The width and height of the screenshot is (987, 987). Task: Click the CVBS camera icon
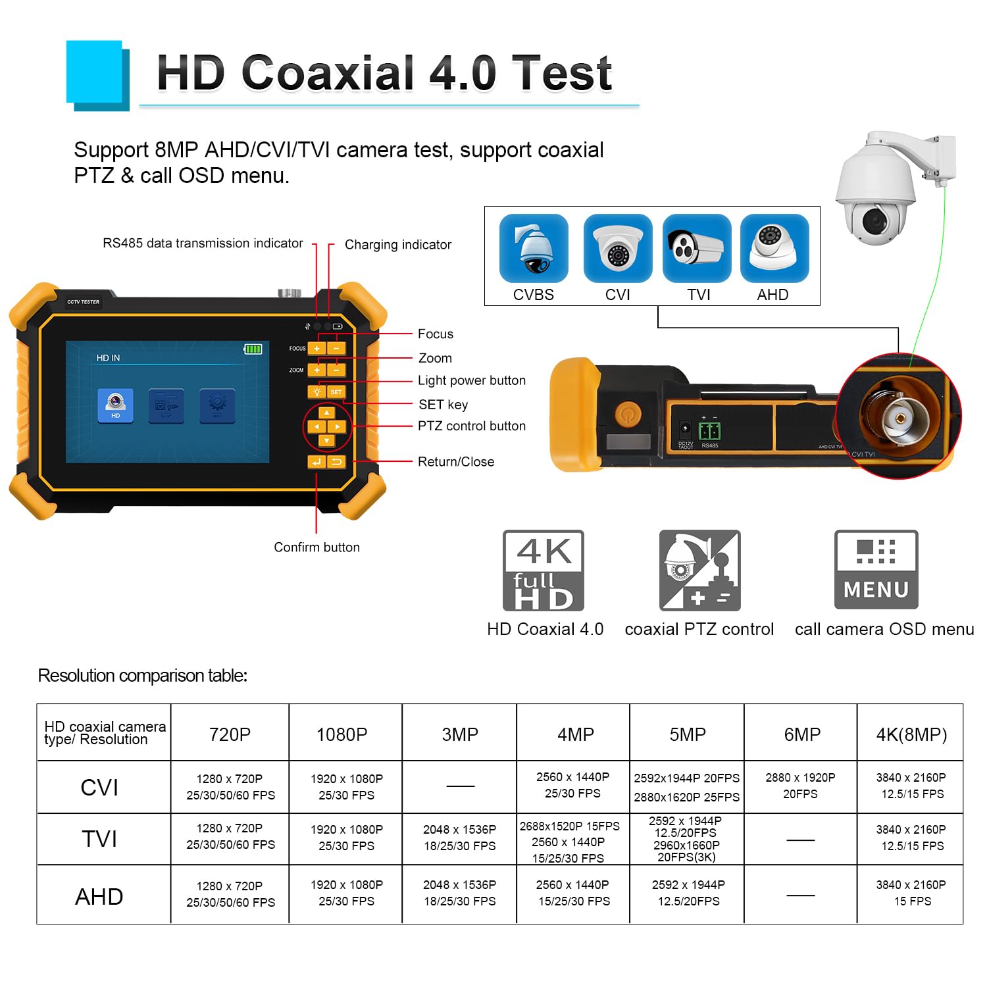(x=533, y=249)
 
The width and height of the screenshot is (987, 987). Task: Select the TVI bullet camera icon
(x=696, y=249)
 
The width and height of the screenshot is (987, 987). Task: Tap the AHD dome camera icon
(x=774, y=249)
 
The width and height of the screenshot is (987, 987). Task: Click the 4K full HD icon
(x=544, y=570)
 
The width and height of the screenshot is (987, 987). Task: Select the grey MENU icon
(x=876, y=570)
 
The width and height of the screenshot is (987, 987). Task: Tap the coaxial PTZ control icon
(x=699, y=570)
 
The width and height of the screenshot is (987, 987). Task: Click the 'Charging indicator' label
(x=397, y=245)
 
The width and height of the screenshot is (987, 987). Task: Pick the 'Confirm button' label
(x=316, y=547)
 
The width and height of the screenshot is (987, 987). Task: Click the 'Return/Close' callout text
(x=455, y=462)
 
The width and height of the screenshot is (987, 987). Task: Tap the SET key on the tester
(x=336, y=392)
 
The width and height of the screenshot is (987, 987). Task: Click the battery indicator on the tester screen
(x=253, y=349)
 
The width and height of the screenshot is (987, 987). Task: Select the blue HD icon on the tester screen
(x=115, y=405)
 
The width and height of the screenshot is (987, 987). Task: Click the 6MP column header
(x=801, y=734)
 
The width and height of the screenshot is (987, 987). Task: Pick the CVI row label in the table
(x=99, y=788)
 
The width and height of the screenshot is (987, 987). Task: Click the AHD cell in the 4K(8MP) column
(x=911, y=893)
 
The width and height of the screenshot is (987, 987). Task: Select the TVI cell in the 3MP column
(x=459, y=838)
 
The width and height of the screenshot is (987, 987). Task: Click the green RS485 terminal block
(x=709, y=432)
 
